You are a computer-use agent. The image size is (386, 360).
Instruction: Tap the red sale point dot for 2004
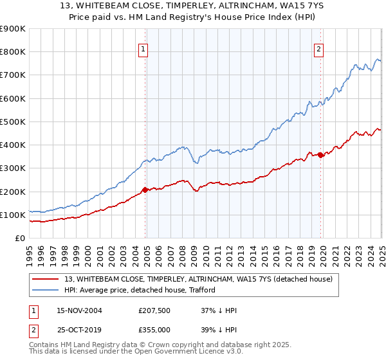pyautogui.click(x=145, y=190)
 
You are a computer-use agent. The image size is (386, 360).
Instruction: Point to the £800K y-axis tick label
pyautogui.click(x=13, y=52)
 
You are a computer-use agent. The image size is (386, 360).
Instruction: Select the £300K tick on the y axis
pyautogui.click(x=13, y=168)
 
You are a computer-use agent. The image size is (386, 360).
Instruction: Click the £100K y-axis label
pyautogui.click(x=13, y=215)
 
